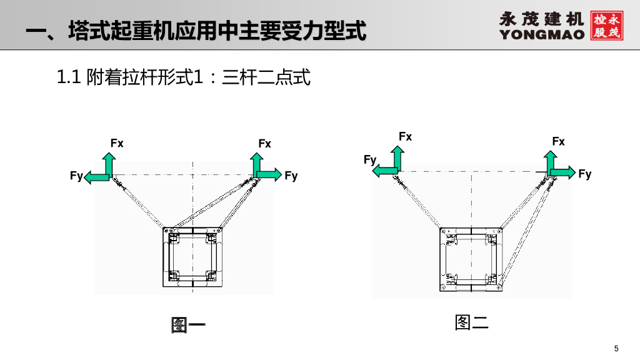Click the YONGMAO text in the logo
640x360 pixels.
click(x=542, y=34)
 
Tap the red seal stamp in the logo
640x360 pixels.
click(x=606, y=25)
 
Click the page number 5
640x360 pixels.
click(x=616, y=348)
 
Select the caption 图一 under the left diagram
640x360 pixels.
click(x=188, y=325)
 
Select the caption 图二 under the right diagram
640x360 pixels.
click(x=471, y=322)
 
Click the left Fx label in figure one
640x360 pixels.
click(x=117, y=144)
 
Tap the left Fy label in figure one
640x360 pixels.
click(x=76, y=176)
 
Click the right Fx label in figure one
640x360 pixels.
click(x=265, y=144)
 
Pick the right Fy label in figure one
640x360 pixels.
click(x=291, y=176)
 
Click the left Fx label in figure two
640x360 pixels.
click(x=406, y=136)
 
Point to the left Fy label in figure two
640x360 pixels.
click(x=370, y=160)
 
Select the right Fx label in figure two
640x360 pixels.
click(x=559, y=142)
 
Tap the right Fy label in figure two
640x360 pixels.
click(x=585, y=174)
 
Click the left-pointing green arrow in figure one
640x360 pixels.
click(x=96, y=177)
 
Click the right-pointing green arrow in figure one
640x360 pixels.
click(x=269, y=174)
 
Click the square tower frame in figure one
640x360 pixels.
click(x=193, y=256)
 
